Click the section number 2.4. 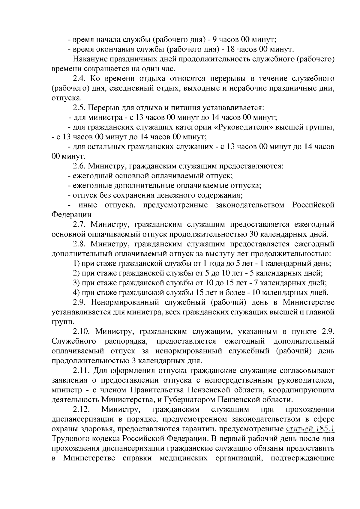pyautogui.click(x=79, y=79)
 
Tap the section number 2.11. pyautogui.click(x=81, y=371)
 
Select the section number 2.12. pyautogui.click(x=82, y=409)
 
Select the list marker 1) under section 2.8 pyautogui.click(x=76, y=264)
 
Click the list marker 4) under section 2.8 pyautogui.click(x=76, y=292)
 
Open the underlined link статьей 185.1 pyautogui.click(x=310, y=429)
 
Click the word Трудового pyautogui.click(x=70, y=439)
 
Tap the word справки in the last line pyautogui.click(x=138, y=458)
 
